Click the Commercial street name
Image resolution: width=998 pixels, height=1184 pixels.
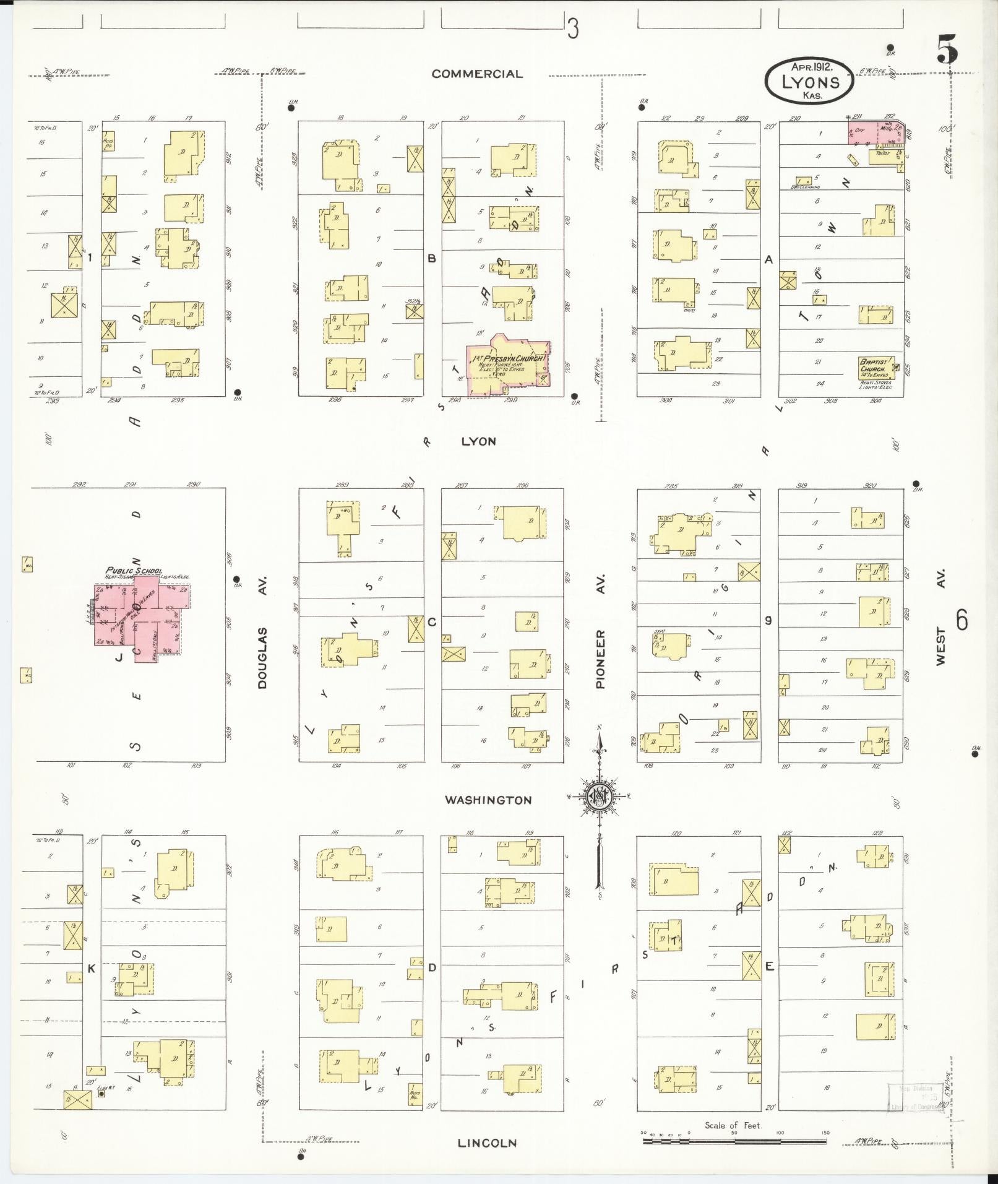click(x=476, y=74)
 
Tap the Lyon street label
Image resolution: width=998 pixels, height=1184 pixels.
click(x=478, y=441)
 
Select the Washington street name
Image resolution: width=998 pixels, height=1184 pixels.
click(x=488, y=800)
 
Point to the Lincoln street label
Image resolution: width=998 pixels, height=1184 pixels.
click(x=487, y=1143)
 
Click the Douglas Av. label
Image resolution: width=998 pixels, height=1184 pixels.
click(x=262, y=632)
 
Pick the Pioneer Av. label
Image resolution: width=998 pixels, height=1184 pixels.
click(x=600, y=632)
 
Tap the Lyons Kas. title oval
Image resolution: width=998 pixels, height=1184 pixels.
click(x=809, y=82)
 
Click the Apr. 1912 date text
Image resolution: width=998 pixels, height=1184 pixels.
click(x=810, y=66)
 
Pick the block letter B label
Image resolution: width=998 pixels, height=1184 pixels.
click(x=432, y=258)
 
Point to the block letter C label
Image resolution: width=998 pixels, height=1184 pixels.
click(x=432, y=621)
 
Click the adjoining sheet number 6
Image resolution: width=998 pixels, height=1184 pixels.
click(x=961, y=619)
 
